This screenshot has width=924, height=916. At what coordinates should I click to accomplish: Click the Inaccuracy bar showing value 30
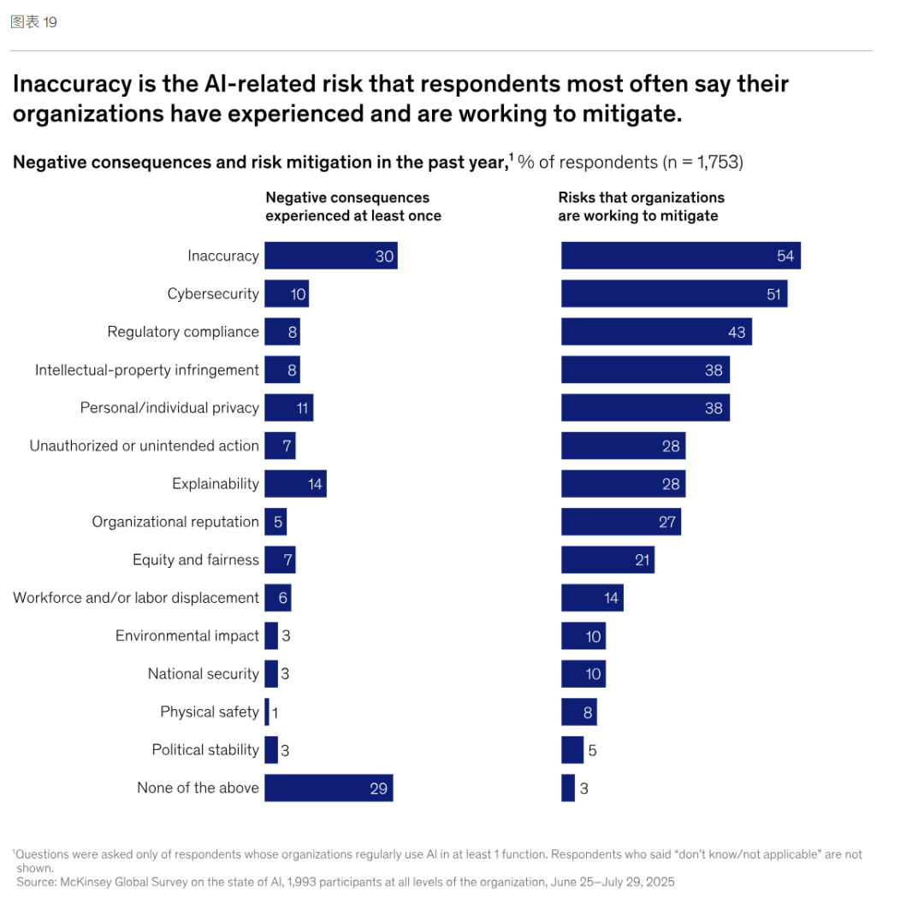click(330, 256)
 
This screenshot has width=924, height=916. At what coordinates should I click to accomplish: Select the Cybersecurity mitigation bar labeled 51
click(674, 293)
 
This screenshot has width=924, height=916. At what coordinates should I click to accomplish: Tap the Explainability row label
click(216, 484)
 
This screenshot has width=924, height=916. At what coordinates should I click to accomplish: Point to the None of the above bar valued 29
click(329, 788)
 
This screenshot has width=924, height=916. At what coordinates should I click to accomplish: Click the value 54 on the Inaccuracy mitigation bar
click(786, 256)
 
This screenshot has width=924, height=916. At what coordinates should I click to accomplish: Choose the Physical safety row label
click(210, 712)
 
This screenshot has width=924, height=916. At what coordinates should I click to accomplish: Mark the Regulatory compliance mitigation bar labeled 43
click(656, 332)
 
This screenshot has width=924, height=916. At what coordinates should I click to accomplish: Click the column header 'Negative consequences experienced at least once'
click(353, 207)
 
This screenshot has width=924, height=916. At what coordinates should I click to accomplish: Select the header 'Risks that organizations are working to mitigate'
click(641, 207)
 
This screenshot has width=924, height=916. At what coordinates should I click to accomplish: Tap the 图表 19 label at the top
click(33, 22)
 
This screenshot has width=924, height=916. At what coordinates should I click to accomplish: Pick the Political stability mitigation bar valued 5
click(572, 750)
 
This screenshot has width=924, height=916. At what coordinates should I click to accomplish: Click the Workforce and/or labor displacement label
click(136, 598)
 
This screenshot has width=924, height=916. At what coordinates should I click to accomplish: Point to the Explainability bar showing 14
click(295, 484)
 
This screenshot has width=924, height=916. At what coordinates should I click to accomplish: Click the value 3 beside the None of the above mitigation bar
click(583, 789)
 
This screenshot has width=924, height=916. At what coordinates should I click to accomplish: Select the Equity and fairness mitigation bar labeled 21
click(607, 560)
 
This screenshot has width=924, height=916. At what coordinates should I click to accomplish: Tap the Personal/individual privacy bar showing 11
click(288, 408)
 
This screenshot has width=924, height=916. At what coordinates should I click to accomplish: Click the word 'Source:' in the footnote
click(37, 882)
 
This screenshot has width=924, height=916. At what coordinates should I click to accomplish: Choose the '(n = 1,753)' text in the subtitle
click(702, 163)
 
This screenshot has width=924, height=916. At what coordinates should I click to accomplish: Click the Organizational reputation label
click(175, 522)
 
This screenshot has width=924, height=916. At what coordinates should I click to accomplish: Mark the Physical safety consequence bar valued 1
click(267, 712)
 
